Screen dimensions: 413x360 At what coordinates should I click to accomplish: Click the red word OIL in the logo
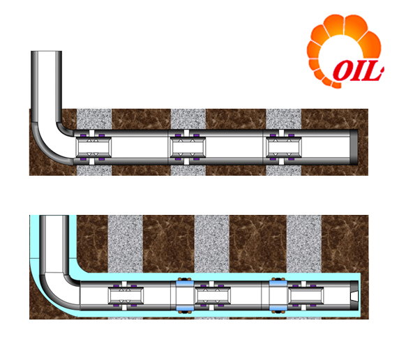point(358,70)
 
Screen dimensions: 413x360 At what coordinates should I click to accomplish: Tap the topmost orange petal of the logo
point(334,25)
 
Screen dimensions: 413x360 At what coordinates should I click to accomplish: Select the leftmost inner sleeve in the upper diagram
point(93,147)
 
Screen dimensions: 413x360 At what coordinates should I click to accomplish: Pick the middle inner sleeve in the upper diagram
point(187,147)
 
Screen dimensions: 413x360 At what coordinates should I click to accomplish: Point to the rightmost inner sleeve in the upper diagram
point(283,147)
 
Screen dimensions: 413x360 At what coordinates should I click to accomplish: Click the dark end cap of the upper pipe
point(354,147)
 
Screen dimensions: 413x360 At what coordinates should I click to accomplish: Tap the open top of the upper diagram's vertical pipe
point(46,52)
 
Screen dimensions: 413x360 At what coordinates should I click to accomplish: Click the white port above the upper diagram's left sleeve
point(91,133)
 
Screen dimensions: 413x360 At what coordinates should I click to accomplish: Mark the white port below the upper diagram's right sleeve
point(281,161)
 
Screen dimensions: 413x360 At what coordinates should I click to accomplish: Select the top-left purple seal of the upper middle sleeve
point(178,135)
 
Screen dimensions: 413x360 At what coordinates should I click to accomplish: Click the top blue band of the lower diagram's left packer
point(185,284)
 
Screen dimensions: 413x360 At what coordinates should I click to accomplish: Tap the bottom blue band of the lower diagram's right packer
point(278,308)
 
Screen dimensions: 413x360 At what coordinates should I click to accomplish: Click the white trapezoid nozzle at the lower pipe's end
point(355,296)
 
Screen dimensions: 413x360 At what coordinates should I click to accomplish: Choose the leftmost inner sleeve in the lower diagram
point(126,296)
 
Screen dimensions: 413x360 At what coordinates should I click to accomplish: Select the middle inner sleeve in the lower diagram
point(212,296)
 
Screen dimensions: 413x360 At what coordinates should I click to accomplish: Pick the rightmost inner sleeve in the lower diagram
point(306,296)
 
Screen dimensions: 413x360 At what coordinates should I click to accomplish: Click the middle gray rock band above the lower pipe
point(212,244)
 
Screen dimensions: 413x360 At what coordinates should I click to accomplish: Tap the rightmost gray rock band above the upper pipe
point(283,119)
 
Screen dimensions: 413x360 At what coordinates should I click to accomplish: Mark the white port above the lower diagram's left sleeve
point(124,284)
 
